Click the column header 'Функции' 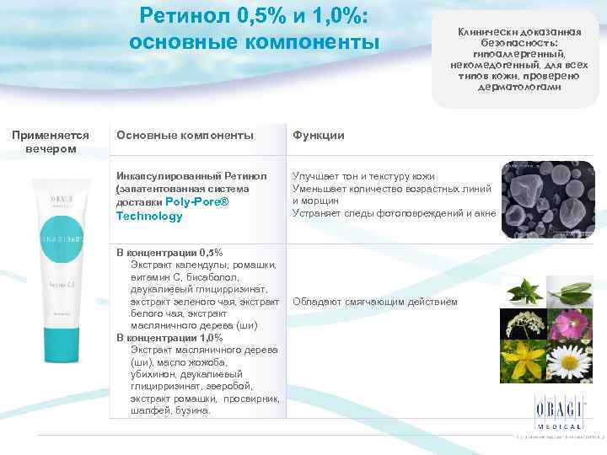318,135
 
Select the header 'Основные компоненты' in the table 185,135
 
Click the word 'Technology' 149,217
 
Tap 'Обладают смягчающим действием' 375,301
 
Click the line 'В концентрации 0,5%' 169,252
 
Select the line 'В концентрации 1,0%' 169,337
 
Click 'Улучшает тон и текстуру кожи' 363,176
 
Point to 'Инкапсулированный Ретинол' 191,176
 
